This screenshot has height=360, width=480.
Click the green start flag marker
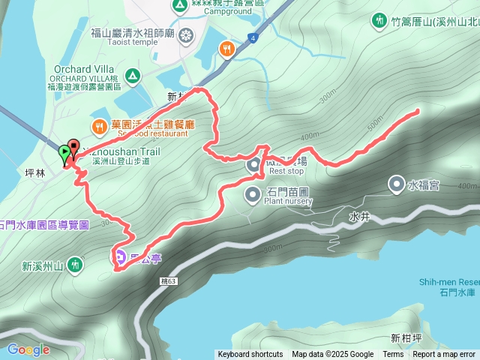pos(64,153)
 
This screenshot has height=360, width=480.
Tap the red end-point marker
pos(73,146)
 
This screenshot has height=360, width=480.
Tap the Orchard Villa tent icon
pos(132,74)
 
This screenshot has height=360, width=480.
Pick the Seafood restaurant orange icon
pos(98,124)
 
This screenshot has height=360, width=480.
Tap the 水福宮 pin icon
pos(396,183)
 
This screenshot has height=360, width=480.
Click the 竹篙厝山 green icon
pos(379,20)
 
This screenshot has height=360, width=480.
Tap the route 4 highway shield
pos(254,37)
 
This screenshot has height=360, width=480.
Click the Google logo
pos(28,349)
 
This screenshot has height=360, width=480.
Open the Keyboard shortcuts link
pos(250,355)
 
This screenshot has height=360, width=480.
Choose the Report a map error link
pos(444,355)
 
